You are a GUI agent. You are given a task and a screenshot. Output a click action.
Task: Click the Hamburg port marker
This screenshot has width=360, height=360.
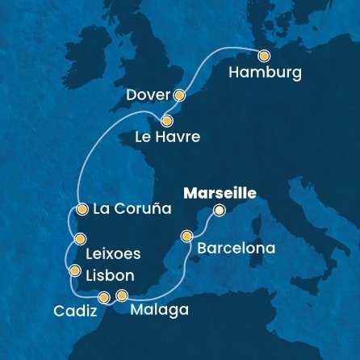click(x=264, y=56)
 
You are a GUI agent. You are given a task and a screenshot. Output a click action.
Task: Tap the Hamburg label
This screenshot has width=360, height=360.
click(x=266, y=73)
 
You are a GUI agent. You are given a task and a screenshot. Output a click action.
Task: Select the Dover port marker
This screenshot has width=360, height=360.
click(x=179, y=95)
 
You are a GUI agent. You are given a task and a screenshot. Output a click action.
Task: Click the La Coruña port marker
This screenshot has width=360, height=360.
click(x=81, y=210)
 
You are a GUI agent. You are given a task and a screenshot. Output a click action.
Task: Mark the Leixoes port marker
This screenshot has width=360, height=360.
click(x=79, y=238)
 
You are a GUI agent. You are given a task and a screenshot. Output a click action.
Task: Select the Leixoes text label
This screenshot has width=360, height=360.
click(x=112, y=253)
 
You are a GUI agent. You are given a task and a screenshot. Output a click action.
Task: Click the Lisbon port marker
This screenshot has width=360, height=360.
click(x=74, y=270)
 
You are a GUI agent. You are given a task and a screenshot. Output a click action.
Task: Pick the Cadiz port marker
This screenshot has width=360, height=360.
click(x=103, y=297)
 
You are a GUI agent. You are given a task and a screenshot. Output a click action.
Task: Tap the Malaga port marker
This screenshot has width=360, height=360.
click(x=122, y=296)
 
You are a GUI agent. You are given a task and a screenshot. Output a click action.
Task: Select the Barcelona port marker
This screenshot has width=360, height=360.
click(x=186, y=237)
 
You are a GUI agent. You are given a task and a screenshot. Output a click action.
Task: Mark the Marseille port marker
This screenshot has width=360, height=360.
click(x=219, y=211)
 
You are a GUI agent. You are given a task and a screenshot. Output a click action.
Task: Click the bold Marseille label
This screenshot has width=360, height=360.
click(x=220, y=193)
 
